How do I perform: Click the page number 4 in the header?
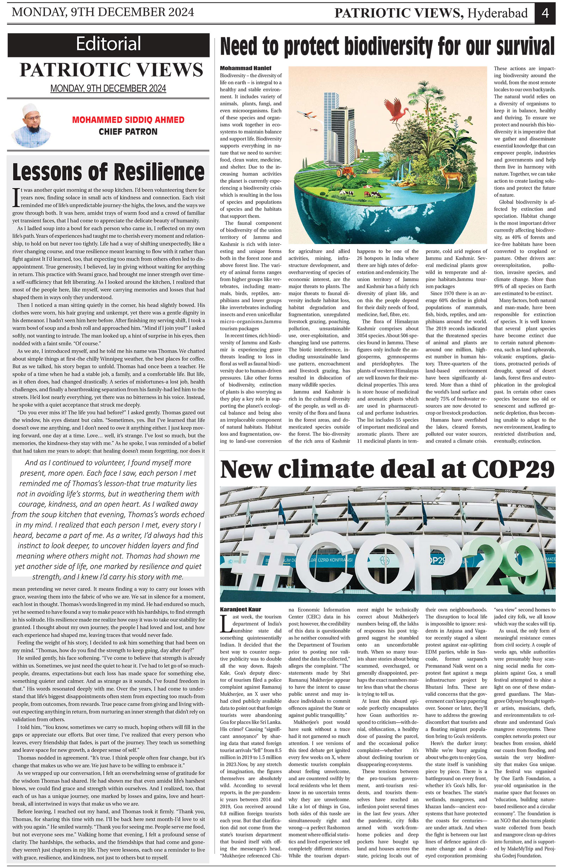coord(545,13)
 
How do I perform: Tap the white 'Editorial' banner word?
coord(108,44)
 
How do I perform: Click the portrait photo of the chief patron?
coord(31,125)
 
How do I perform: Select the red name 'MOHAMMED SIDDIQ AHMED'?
coord(128,120)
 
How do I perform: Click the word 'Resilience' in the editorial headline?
coord(159,172)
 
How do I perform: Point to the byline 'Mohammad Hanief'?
coord(245,68)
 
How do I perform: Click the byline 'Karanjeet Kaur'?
coord(241,609)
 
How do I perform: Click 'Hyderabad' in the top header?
coord(497,13)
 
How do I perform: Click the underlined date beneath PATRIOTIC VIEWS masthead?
coord(108,88)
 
